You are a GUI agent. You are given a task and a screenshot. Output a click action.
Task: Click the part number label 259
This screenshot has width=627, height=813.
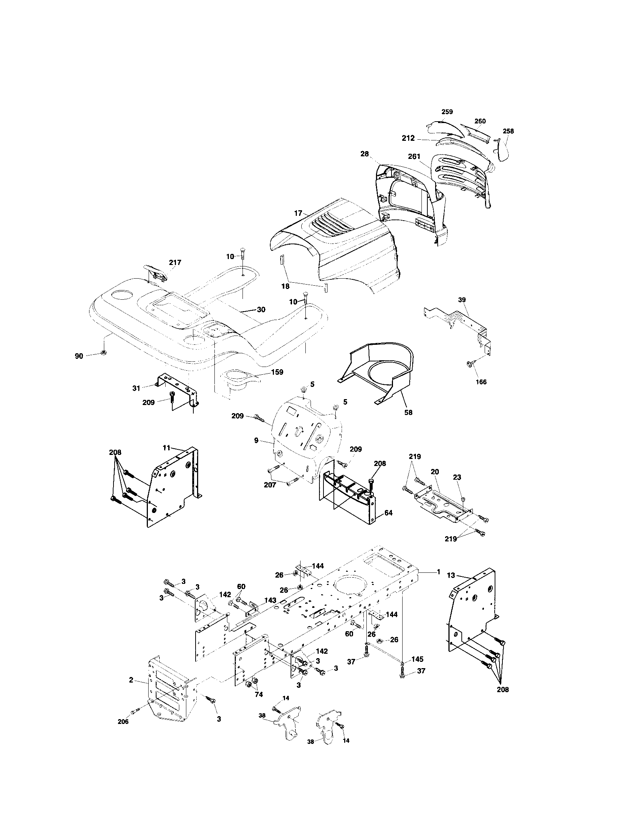point(447,112)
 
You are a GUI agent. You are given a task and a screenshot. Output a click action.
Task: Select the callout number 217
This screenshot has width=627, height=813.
point(175,262)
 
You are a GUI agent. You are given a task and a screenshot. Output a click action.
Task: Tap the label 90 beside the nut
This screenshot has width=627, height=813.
point(79,356)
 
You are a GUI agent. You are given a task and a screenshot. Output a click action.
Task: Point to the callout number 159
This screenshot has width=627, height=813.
point(277,372)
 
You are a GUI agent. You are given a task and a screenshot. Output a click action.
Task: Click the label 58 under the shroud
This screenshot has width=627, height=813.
point(409,412)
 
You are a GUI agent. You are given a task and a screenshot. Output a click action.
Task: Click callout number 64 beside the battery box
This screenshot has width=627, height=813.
point(388,513)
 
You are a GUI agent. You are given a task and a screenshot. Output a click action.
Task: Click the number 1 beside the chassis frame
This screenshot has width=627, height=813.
point(438,572)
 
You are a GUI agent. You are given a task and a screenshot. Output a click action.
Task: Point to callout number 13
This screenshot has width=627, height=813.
point(451,575)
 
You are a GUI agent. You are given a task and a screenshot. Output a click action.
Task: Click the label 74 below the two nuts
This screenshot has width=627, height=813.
point(258,694)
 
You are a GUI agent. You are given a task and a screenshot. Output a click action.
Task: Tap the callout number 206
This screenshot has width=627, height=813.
point(123,721)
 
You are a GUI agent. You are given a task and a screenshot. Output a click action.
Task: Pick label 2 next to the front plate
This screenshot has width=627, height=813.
point(131,680)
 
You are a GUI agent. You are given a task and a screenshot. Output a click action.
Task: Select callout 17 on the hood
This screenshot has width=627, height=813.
point(298,213)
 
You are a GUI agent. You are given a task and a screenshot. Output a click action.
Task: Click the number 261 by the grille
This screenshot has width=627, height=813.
point(414,157)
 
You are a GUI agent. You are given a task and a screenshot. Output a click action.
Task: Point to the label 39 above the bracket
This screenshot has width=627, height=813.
point(462,300)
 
